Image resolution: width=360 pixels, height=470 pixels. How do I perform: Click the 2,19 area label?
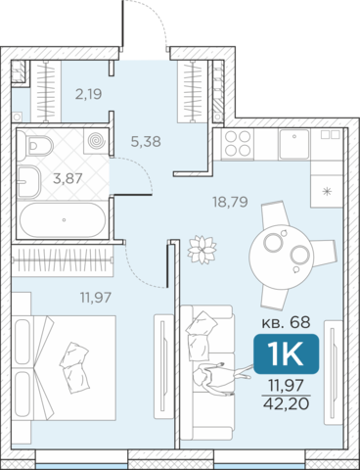point(89,94)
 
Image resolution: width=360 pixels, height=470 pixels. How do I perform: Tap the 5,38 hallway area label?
point(146,142)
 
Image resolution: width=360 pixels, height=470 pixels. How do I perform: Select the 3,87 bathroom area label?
point(67,178)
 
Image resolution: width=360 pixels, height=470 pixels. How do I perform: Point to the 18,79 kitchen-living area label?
point(230,202)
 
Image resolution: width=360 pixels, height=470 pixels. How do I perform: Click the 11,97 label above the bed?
point(96,298)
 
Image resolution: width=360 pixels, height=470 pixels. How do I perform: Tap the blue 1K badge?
point(286,353)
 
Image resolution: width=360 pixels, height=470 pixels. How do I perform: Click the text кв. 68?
point(286,322)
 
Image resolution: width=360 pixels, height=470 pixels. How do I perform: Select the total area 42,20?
point(286,404)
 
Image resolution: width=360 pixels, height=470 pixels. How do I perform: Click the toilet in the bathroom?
point(35,146)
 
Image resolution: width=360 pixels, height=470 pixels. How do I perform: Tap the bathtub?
point(63,220)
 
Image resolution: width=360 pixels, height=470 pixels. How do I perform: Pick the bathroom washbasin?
point(28,181)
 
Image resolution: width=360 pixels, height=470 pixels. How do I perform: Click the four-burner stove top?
point(238,144)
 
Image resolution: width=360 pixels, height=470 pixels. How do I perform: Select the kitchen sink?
point(293,144)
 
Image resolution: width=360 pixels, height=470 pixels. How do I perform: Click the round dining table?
point(281,257)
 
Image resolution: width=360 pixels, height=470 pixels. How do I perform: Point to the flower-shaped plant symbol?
point(202,250)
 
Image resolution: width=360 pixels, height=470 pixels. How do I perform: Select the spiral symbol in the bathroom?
point(96,141)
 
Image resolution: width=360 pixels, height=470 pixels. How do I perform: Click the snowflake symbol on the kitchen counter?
point(327,192)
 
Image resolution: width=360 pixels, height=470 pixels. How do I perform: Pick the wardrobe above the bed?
point(62,259)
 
